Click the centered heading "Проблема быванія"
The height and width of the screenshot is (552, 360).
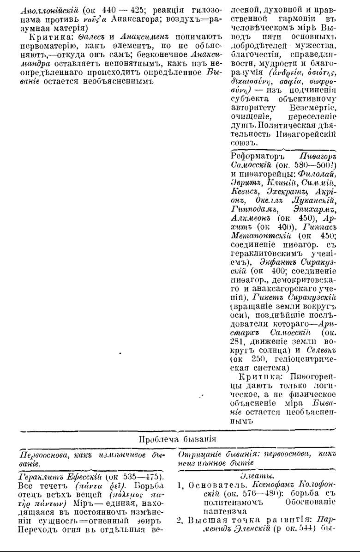click(178, 439)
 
